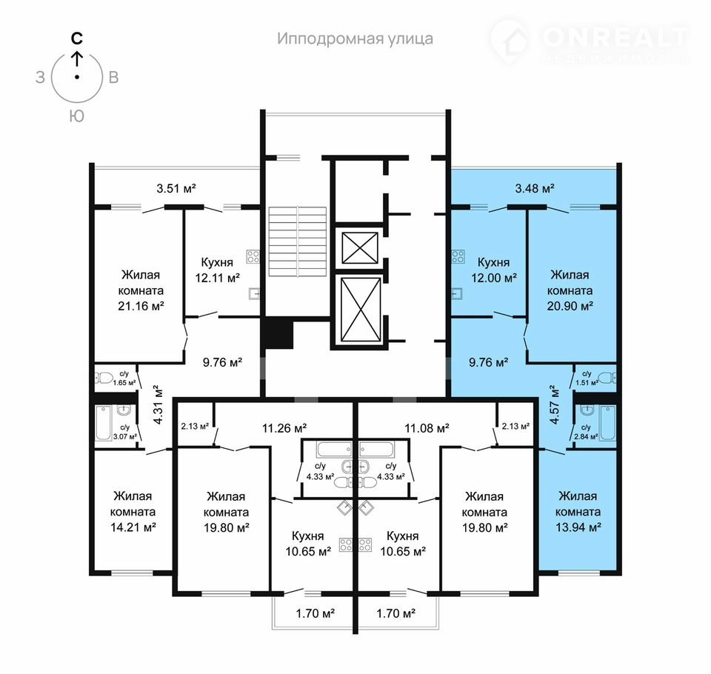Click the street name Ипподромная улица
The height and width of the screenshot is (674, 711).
coord(355,39)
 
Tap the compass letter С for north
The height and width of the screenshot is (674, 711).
coord(77,38)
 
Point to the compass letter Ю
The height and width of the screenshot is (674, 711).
coord(76,116)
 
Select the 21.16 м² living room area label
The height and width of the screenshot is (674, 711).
coord(141,306)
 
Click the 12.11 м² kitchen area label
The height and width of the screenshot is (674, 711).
coord(217,278)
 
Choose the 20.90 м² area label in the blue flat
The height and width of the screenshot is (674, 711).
coord(570,306)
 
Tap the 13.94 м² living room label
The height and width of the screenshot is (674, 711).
coord(578,527)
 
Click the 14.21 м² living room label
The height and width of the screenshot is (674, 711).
coord(133,527)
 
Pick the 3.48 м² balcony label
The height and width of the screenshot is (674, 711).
coord(535,188)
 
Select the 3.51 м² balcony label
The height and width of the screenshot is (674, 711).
coord(176,188)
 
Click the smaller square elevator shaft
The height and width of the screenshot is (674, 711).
coord(360,247)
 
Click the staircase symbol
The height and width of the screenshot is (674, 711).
coord(298,241)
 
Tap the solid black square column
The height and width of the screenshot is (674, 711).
coord(278,334)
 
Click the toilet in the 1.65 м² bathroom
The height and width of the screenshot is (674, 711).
coord(104,378)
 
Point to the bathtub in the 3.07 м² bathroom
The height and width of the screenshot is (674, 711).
coord(104,423)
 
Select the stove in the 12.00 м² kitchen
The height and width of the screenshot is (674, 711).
coord(458,257)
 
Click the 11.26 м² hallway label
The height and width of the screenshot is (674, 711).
coord(284,427)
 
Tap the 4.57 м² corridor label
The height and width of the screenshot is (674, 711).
coord(555,404)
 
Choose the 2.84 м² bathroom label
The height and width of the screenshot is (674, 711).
coord(586,437)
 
